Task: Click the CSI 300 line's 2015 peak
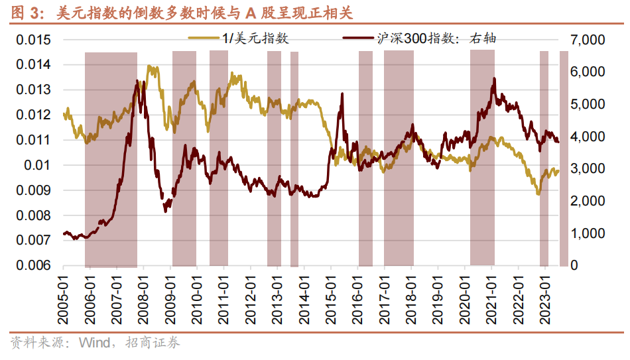point(342,94)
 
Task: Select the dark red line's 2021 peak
point(494,79)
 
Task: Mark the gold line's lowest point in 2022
point(538,194)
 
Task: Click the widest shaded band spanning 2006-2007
point(111,159)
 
